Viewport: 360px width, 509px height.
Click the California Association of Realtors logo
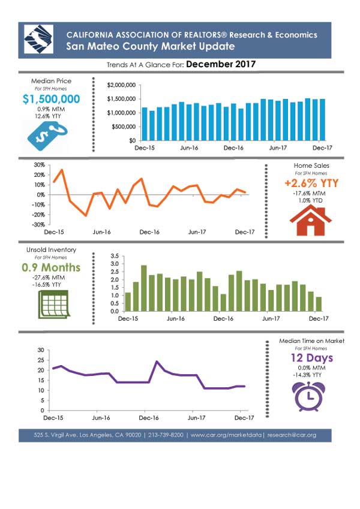[38, 40]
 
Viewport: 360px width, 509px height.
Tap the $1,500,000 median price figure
[52, 99]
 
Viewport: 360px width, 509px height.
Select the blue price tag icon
[47, 136]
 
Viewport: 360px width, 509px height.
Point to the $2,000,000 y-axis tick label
[121, 85]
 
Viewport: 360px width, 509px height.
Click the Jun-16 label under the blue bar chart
[189, 148]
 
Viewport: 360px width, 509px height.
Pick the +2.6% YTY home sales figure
[311, 183]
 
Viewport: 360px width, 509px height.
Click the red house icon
[311, 220]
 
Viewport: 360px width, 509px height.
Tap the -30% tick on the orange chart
[39, 225]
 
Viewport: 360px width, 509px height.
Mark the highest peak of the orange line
[62, 170]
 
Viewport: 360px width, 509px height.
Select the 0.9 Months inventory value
[51, 267]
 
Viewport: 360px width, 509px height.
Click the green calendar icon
[54, 305]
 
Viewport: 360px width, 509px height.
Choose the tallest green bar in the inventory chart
[143, 288]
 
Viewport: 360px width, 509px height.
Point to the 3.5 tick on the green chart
[115, 256]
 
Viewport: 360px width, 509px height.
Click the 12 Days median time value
[312, 358]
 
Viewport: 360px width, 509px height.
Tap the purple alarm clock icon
[308, 397]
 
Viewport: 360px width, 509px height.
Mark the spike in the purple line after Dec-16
[157, 362]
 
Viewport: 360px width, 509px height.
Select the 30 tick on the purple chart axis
[41, 350]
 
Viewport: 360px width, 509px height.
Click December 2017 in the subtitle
[221, 64]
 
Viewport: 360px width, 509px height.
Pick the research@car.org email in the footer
[292, 435]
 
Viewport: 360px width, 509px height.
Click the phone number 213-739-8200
[166, 435]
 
